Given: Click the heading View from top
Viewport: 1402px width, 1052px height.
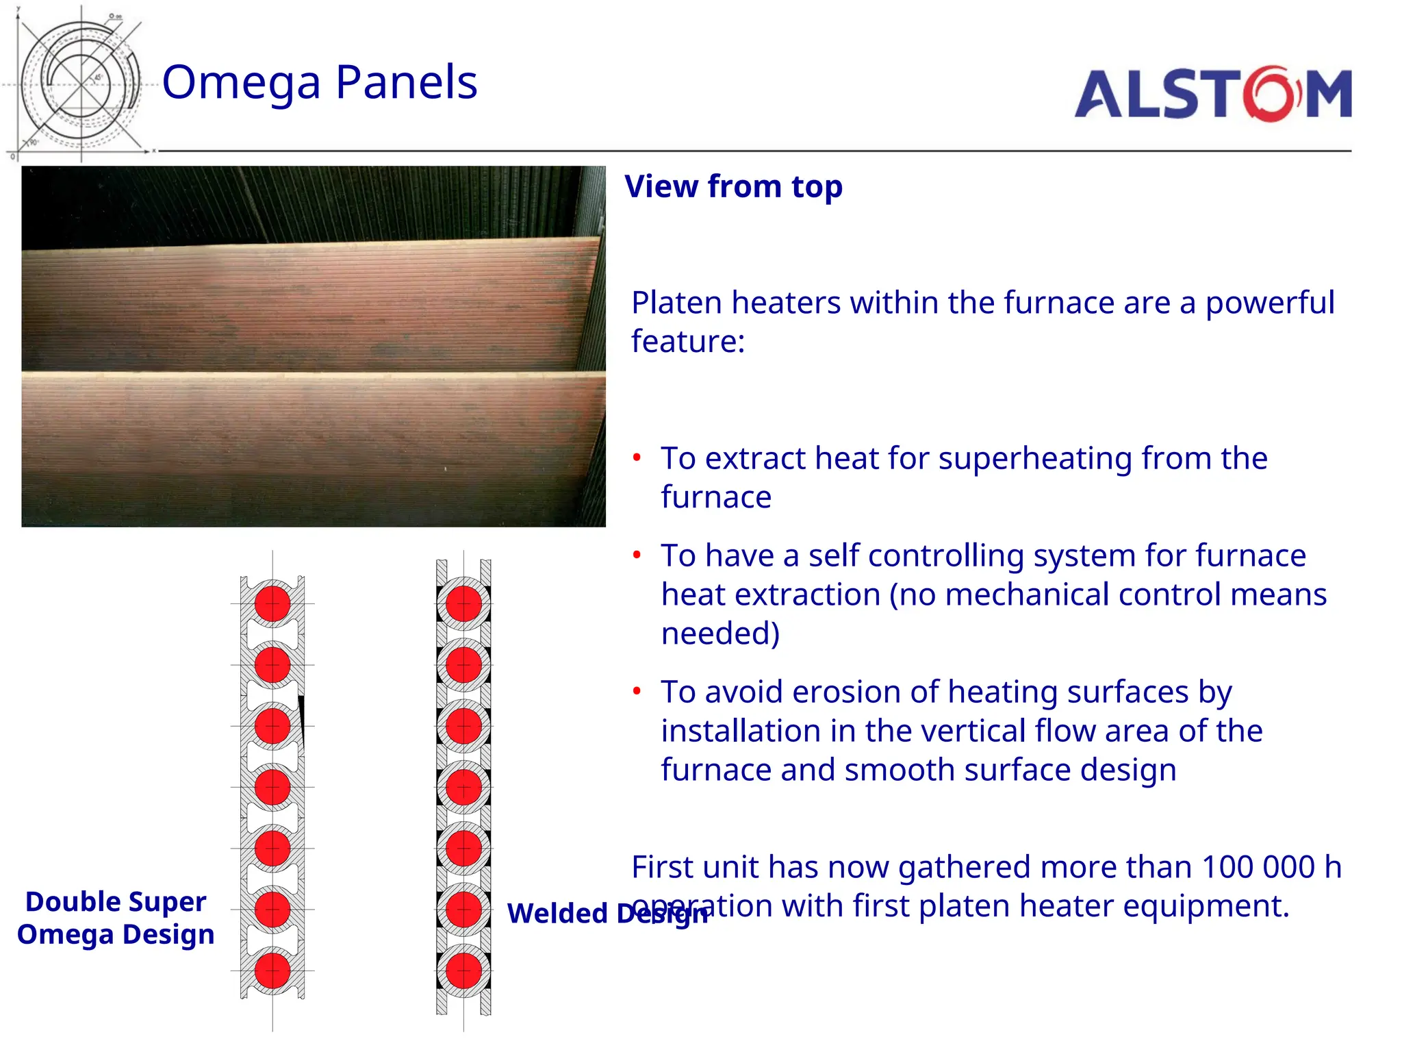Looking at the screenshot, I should (x=733, y=187).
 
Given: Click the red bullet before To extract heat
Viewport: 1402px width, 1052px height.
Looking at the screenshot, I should (x=637, y=458).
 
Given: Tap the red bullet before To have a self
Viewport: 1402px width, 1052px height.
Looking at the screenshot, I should (x=637, y=555).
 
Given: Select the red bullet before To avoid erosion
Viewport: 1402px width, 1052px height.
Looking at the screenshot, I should (x=637, y=691).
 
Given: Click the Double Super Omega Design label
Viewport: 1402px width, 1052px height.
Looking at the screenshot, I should (x=116, y=918).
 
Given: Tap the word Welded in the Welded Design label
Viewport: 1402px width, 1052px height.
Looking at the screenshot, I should (x=557, y=914).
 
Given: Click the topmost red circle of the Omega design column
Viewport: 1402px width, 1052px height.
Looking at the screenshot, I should (x=272, y=603).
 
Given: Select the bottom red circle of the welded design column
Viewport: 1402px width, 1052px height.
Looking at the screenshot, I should (x=463, y=970).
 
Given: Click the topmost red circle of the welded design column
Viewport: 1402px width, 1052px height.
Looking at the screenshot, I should (x=463, y=603).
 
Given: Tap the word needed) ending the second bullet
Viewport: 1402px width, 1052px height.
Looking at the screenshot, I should (x=720, y=634).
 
